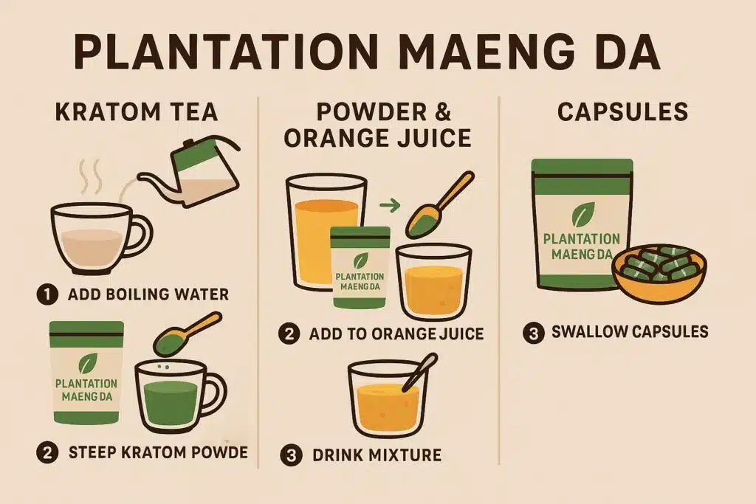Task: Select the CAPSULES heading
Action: point(622,113)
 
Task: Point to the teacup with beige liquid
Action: point(96,235)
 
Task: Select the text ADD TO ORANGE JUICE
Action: point(396,334)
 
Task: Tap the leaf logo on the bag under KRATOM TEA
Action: point(87,364)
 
